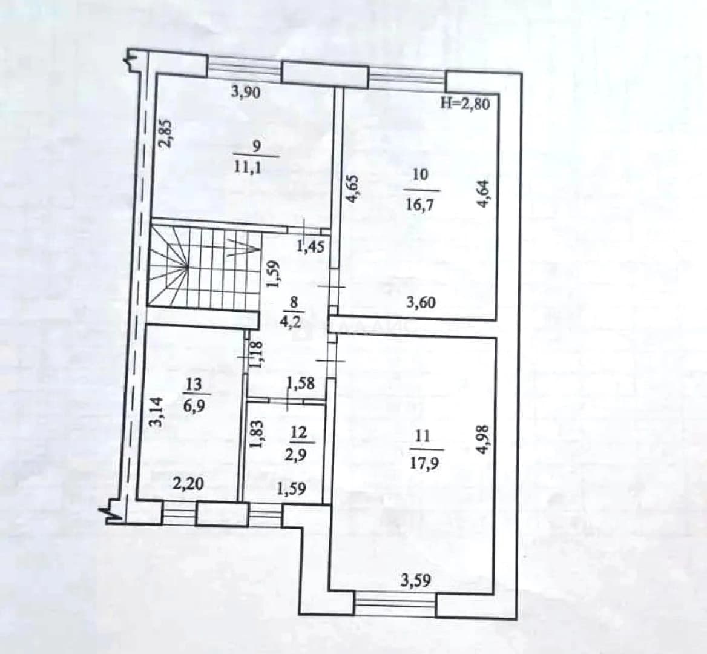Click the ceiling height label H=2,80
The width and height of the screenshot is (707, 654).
(465, 104)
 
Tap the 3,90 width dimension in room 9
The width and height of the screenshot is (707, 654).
(246, 93)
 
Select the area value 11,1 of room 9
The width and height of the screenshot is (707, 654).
(248, 167)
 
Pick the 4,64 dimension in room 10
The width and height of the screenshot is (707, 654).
(483, 194)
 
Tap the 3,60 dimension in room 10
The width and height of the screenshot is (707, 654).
(421, 302)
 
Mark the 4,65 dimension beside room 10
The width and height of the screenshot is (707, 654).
(353, 190)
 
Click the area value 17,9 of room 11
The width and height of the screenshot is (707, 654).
(423, 463)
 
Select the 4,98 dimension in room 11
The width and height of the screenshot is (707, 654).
(482, 439)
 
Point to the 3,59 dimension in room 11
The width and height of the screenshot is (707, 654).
(416, 580)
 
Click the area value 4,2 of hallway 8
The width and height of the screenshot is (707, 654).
(294, 323)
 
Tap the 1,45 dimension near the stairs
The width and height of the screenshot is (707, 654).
(311, 246)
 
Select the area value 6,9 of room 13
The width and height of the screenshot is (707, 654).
(194, 405)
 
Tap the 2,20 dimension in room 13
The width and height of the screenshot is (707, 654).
(188, 484)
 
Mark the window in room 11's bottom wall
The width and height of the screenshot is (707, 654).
(395, 604)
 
